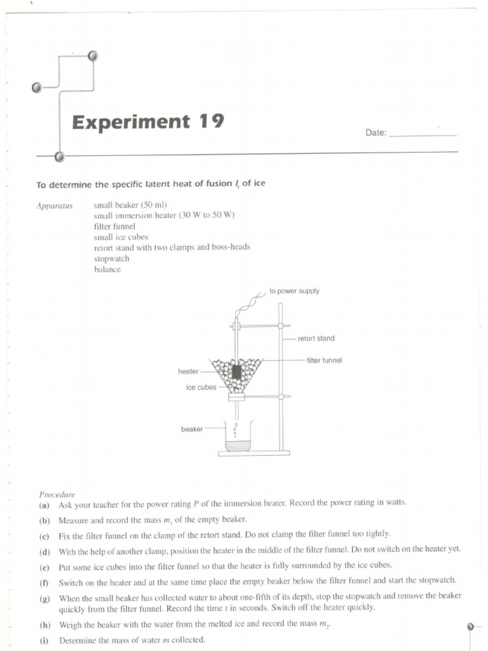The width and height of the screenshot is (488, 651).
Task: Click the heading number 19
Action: [210, 121]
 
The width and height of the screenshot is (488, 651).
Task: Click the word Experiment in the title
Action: [131, 121]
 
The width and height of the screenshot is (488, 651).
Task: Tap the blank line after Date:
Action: [422, 134]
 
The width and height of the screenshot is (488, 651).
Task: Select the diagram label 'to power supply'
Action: [294, 291]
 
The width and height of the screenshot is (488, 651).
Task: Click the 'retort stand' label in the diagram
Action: [316, 338]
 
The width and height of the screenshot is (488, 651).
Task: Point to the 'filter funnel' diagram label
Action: [324, 360]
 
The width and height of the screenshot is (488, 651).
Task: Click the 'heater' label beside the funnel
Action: [188, 371]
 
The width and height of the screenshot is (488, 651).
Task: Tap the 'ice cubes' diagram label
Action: [201, 387]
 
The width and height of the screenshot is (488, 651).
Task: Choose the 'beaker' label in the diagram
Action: [192, 429]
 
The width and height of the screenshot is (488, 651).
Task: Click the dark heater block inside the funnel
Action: [236, 372]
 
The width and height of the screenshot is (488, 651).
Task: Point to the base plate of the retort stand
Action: [254, 453]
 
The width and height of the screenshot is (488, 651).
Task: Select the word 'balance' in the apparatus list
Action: [107, 270]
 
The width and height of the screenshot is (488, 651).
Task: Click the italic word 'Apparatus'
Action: [55, 205]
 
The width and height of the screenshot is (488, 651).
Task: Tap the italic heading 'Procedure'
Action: [57, 494]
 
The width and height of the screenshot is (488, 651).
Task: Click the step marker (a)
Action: [44, 504]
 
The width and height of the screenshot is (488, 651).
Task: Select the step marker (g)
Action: [44, 598]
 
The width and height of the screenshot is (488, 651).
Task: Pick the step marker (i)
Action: [44, 640]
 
